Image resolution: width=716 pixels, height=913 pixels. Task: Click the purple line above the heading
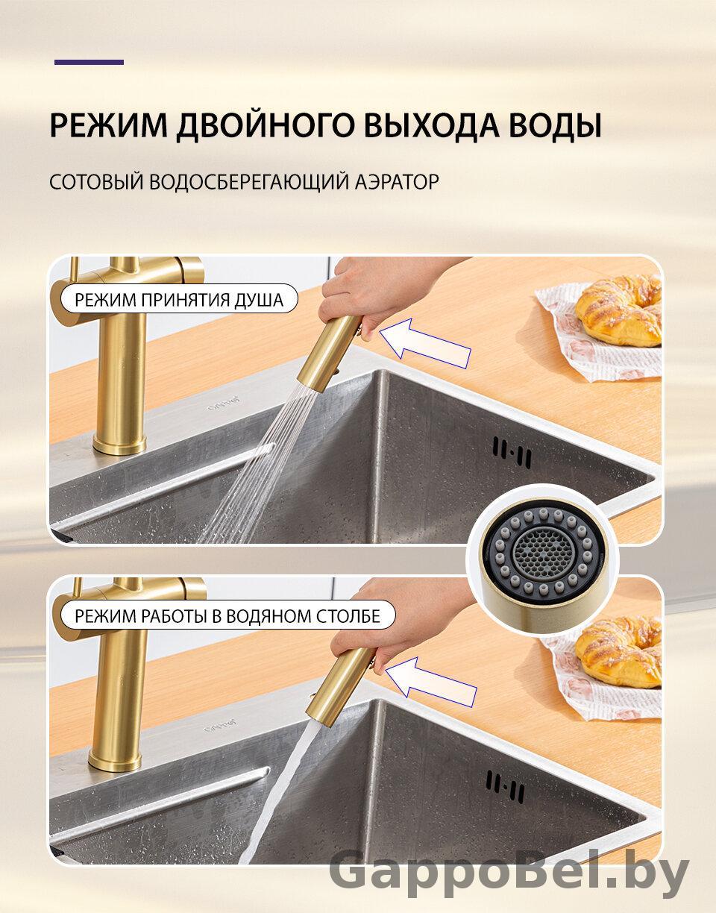(x=89, y=62)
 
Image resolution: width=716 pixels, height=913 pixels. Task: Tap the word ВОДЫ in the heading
(x=555, y=125)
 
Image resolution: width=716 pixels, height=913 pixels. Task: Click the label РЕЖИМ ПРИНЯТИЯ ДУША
(x=179, y=300)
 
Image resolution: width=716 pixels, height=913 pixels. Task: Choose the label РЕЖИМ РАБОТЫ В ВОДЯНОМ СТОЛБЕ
(x=227, y=616)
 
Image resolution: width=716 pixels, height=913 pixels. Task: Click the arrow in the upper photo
(x=425, y=344)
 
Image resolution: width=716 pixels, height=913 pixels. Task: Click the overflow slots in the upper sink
(x=512, y=452)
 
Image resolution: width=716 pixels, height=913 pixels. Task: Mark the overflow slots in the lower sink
(x=506, y=786)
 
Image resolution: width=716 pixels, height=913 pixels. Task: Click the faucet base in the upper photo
(x=119, y=444)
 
